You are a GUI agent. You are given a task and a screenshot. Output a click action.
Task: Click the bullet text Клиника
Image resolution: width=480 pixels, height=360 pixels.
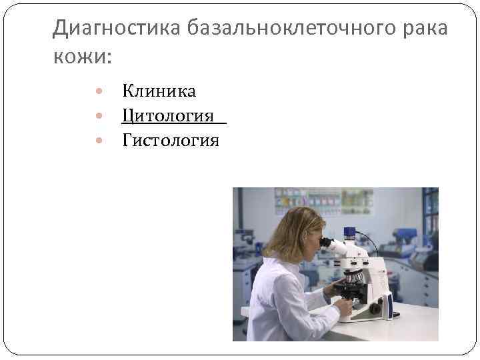pyautogui.click(x=159, y=91)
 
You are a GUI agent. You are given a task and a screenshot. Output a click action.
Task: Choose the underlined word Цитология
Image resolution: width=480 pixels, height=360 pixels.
pyautogui.click(x=169, y=116)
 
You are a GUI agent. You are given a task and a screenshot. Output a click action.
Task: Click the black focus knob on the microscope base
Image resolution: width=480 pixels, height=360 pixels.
pyautogui.click(x=375, y=309)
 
